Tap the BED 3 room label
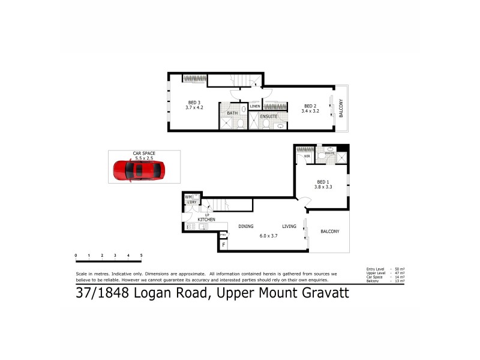click(194, 102)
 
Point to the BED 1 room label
click(323, 181)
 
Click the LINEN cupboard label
click(255, 106)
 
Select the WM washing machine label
click(188, 197)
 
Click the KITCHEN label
click(206, 220)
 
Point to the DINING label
click(246, 226)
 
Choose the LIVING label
click(290, 226)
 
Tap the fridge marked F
click(223, 244)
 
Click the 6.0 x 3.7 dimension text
click(268, 236)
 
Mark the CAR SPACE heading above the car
click(144, 153)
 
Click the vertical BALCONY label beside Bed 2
click(341, 108)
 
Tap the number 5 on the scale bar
click(141, 256)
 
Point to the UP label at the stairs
click(207, 215)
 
